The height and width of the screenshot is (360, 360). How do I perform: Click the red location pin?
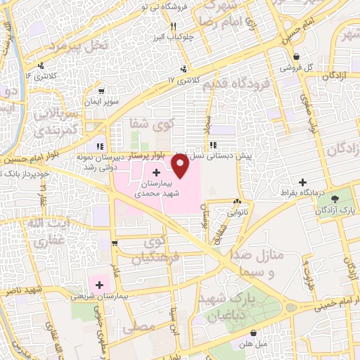point(180,165)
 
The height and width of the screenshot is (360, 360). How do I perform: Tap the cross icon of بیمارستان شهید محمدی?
point(156,172)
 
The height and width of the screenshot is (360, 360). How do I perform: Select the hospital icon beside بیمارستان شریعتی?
point(99,285)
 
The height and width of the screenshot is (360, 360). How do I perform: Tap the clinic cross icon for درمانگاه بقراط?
point(303,181)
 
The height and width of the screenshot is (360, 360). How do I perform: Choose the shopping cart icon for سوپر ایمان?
point(103,91)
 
